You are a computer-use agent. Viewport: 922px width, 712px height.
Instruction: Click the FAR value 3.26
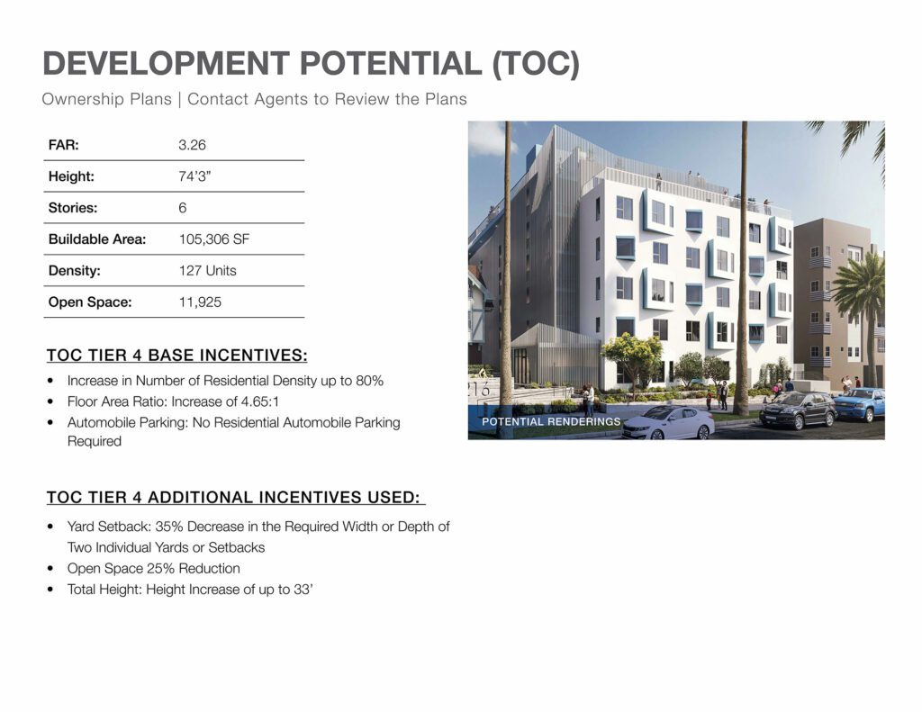coord(193,145)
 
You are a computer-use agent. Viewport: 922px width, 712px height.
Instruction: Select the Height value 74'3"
coord(194,176)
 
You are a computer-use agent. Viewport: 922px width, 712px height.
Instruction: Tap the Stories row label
coord(73,208)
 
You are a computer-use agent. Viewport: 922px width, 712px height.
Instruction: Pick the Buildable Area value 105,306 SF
coord(214,239)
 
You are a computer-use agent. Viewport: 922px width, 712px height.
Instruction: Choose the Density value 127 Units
coord(208,270)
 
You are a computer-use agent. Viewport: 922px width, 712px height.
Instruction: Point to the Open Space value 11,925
coord(200,302)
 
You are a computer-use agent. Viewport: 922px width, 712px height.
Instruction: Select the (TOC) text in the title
coord(536,64)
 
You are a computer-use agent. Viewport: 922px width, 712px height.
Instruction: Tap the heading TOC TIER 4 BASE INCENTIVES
coord(177,356)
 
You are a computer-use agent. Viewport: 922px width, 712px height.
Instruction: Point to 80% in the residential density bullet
coord(369,381)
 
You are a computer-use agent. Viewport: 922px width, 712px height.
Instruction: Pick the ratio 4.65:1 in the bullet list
coord(260,402)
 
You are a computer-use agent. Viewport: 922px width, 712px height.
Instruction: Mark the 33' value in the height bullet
coord(303,590)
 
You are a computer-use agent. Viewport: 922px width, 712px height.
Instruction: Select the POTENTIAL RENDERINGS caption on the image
coord(551,421)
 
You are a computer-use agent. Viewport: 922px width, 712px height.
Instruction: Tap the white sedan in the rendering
coord(668,423)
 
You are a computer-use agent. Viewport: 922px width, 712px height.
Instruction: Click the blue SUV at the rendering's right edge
coord(859,404)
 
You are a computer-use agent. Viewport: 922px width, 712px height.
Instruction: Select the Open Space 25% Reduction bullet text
coord(153,569)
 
